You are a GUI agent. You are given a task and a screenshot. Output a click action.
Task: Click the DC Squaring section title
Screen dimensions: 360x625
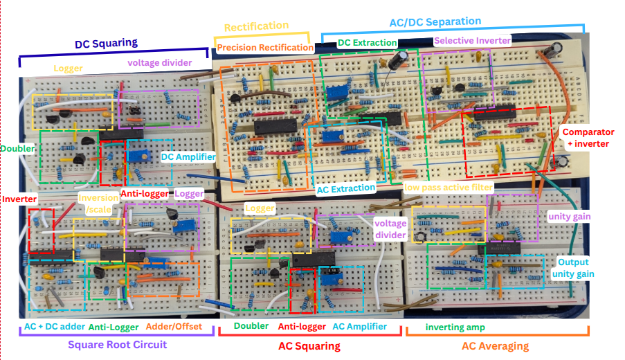106,43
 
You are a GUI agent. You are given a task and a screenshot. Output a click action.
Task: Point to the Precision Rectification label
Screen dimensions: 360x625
265,48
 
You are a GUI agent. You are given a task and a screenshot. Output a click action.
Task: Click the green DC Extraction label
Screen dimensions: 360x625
367,43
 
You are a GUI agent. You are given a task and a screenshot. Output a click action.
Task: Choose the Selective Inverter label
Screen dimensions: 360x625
472,41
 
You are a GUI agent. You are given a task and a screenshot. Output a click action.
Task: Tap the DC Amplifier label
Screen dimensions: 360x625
188,157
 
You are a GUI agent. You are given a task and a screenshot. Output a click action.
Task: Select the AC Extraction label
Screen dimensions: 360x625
345,188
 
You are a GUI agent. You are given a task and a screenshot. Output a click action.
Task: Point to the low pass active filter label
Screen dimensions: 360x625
449,188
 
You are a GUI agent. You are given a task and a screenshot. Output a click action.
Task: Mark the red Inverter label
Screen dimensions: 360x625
19,199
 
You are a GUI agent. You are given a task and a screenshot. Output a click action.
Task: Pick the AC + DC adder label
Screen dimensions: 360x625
54,326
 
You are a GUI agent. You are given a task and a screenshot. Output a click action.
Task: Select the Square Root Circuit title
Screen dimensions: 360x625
117,344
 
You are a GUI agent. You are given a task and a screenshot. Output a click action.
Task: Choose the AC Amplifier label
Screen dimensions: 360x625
359,326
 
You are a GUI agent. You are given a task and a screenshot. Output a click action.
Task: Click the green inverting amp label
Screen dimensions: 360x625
455,327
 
